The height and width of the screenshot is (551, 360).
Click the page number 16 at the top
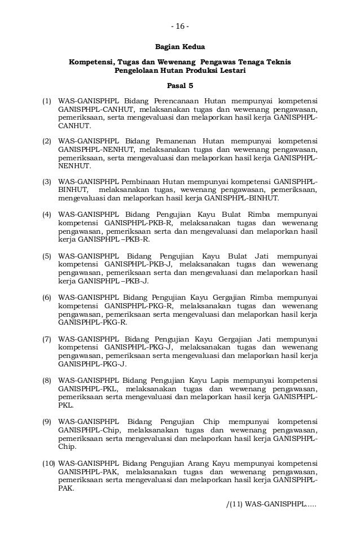click(180, 28)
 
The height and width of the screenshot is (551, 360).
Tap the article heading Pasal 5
click(180, 86)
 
